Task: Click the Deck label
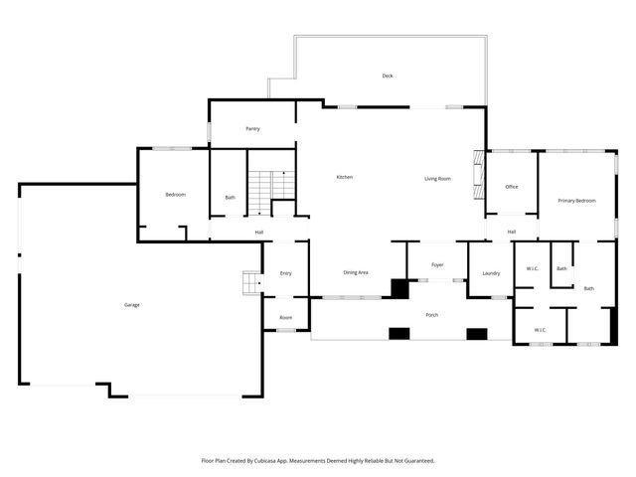coord(388,76)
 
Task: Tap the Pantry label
coord(252,128)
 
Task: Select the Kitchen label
coord(345,177)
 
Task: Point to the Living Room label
coord(437,179)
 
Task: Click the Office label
coord(512,187)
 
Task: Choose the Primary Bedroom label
coord(576,201)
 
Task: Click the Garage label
coord(132,305)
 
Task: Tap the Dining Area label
coord(356,272)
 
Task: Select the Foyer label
coord(437,265)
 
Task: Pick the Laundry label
coord(491,273)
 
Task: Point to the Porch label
coord(432,315)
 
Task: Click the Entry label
coord(285,273)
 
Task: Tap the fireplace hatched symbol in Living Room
coord(479,175)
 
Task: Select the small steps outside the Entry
coord(252,282)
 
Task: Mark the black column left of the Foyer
coord(399,289)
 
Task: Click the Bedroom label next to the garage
coord(175,195)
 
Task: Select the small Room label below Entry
coord(285,318)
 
